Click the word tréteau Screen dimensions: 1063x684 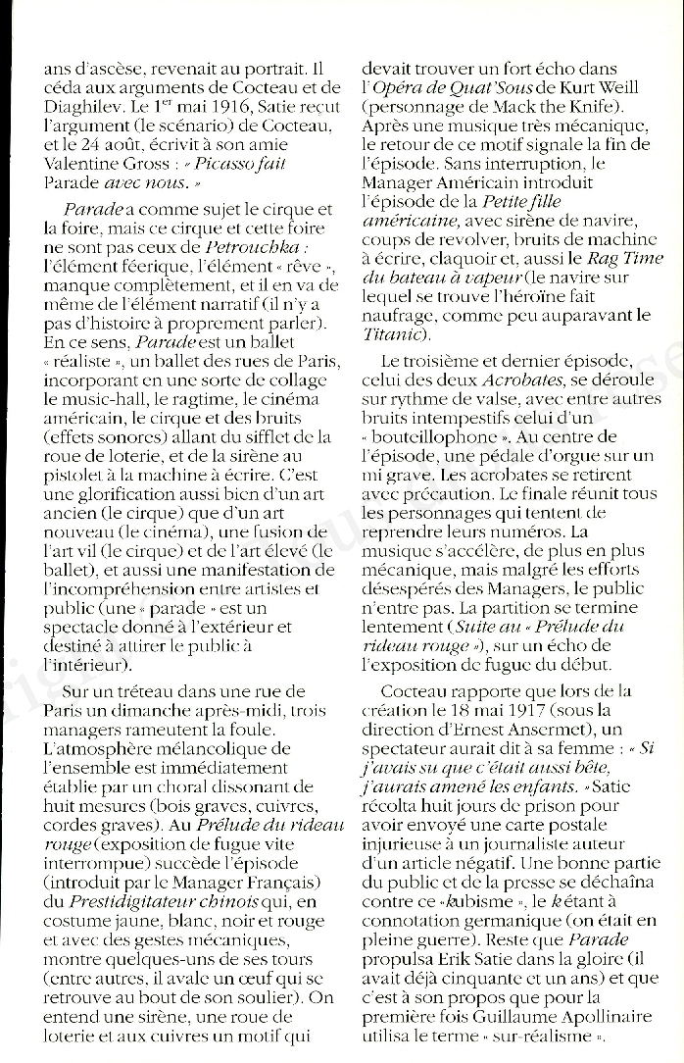click(146, 692)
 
